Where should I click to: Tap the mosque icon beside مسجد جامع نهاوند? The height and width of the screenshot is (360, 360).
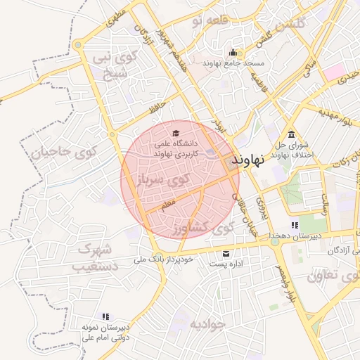click(233, 53)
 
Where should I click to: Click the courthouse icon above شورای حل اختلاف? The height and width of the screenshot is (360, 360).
click(291, 135)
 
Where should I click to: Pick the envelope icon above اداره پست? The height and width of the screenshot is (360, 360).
click(226, 253)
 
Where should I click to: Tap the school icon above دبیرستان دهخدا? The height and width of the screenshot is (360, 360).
click(294, 225)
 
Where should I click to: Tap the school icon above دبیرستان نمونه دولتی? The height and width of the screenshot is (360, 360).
click(105, 317)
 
